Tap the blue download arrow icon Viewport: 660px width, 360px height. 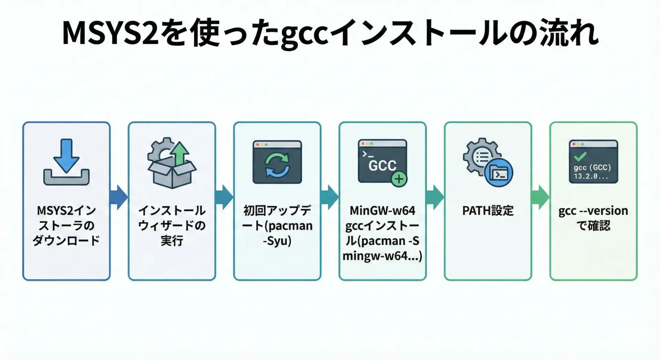coord(66,155)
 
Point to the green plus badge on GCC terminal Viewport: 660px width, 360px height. coord(399,179)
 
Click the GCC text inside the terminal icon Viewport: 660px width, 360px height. coord(382,166)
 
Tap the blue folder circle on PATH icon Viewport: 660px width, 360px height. coord(498,173)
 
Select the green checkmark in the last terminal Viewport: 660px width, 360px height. coord(580,156)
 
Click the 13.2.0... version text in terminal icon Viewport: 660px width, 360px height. coord(591,176)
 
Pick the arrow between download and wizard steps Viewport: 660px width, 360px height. coord(119,197)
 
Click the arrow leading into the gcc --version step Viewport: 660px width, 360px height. coord(540,197)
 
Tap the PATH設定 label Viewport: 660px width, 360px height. coord(488,210)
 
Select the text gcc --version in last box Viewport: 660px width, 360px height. coord(593,210)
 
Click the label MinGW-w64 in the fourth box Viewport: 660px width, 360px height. coord(382,210)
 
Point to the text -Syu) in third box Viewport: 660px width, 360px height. coord(277,241)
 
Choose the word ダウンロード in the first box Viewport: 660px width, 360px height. coord(66,241)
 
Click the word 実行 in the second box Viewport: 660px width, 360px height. coord(172,241)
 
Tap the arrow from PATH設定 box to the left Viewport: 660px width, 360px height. coord(435,197)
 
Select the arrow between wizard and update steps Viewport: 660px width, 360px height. coord(224,197)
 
